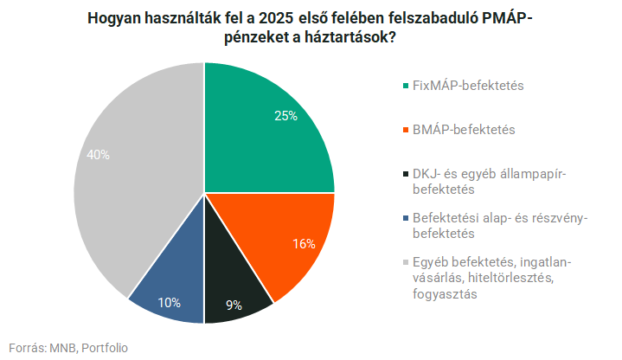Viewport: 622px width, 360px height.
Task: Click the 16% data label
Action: click(x=303, y=244)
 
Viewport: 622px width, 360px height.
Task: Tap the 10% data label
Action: click(x=170, y=302)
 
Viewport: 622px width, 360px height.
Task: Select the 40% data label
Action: click(x=98, y=155)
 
